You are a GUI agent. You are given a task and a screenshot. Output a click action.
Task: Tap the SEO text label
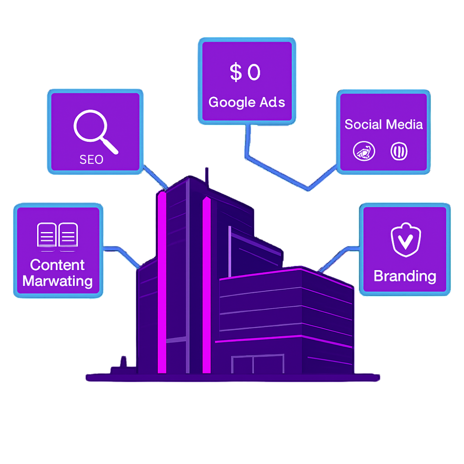(x=91, y=160)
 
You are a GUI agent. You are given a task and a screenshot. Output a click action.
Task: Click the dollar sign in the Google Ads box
(x=236, y=73)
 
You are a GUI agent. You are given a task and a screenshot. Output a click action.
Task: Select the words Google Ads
(x=246, y=102)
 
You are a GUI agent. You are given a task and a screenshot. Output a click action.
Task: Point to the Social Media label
(x=384, y=124)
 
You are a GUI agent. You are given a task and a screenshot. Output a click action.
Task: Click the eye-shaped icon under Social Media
(x=362, y=152)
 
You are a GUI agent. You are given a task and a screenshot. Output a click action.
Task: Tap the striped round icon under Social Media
(x=399, y=152)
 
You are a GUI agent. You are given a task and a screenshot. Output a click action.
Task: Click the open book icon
(x=58, y=235)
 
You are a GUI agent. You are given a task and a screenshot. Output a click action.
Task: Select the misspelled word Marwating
(x=58, y=281)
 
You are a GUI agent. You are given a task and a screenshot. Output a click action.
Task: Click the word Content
(x=58, y=265)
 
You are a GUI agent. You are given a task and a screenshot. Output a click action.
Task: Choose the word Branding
(x=405, y=276)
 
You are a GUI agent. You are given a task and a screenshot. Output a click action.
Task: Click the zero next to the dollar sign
(x=254, y=73)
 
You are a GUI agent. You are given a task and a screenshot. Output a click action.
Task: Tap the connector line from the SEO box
(x=155, y=176)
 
